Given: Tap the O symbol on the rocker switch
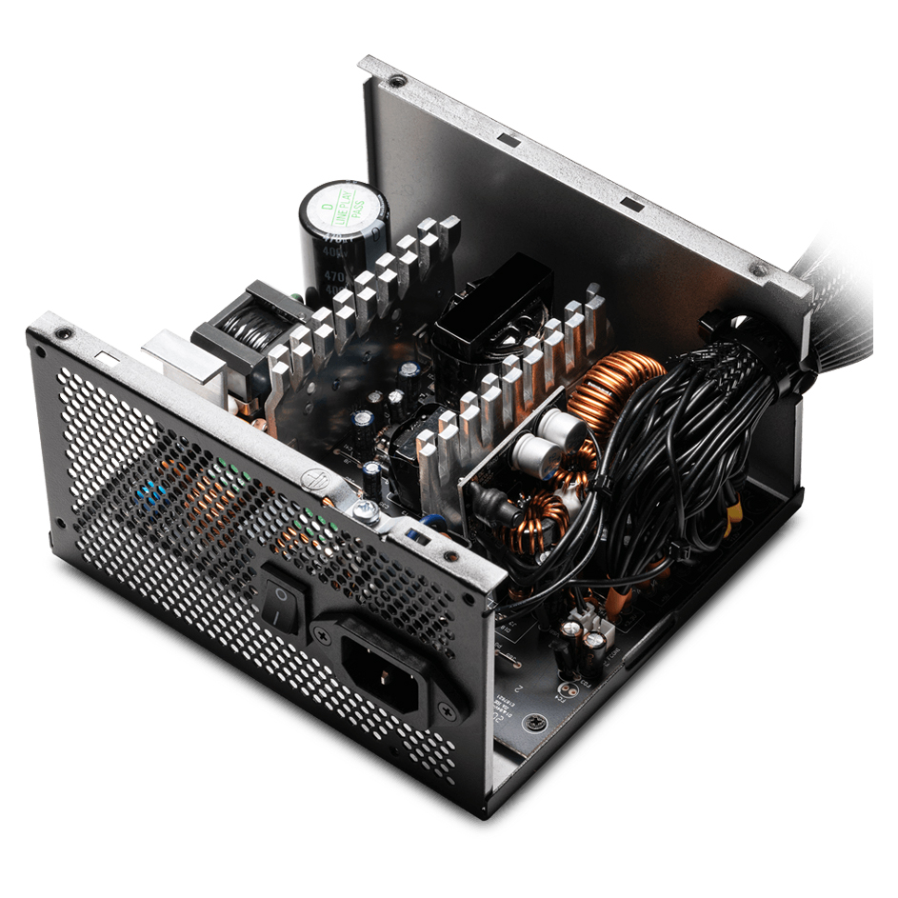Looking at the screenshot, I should click(281, 591).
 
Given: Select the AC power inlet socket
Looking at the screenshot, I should click(380, 665).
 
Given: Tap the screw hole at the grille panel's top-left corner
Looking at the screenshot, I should click(63, 333).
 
